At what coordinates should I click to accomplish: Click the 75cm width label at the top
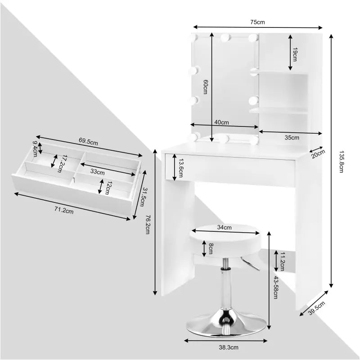pyautogui.click(x=257, y=22)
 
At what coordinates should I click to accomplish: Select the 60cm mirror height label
pyautogui.click(x=205, y=86)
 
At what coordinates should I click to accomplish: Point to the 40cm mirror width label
pyautogui.click(x=221, y=122)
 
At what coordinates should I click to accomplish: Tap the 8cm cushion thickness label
pyautogui.click(x=211, y=248)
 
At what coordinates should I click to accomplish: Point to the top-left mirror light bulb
pyautogui.click(x=197, y=38)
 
